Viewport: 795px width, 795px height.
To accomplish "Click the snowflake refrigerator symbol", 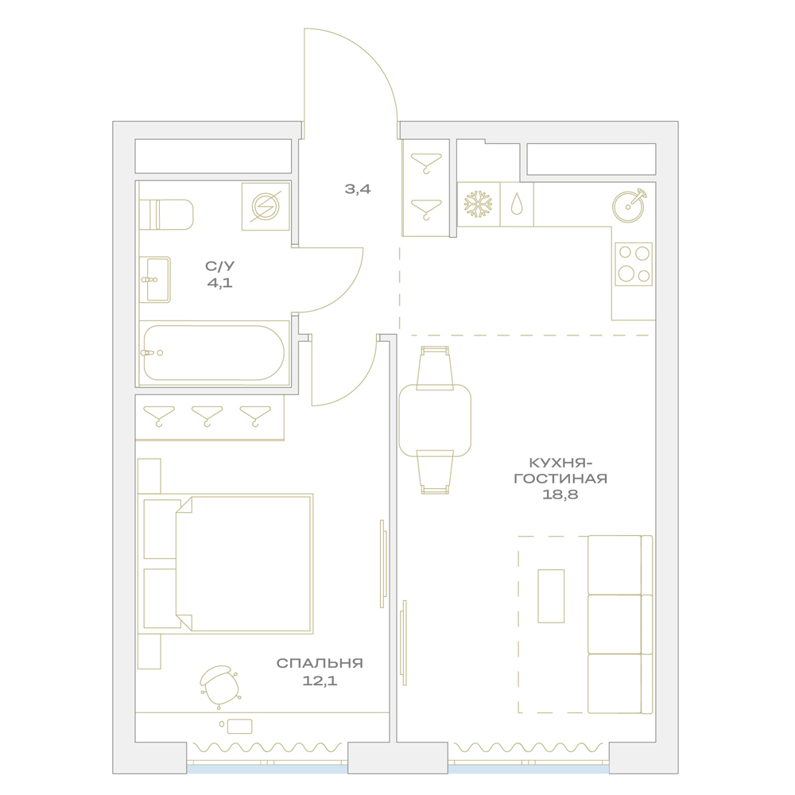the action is pyautogui.click(x=478, y=204).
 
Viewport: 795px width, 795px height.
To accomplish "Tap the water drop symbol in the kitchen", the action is pyautogui.click(x=516, y=204).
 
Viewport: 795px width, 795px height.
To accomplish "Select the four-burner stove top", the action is pyautogui.click(x=634, y=264).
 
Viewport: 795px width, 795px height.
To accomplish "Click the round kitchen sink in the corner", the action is pyautogui.click(x=629, y=206).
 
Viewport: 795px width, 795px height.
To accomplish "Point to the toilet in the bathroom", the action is pyautogui.click(x=166, y=215).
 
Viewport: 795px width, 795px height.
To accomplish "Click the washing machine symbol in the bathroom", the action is pyautogui.click(x=266, y=207).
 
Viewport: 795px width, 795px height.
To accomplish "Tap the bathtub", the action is pyautogui.click(x=214, y=353).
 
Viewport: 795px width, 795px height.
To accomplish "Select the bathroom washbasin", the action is pyautogui.click(x=155, y=279).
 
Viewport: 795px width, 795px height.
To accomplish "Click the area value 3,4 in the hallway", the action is pyautogui.click(x=358, y=189).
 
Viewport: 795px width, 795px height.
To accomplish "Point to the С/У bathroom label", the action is pyautogui.click(x=220, y=266).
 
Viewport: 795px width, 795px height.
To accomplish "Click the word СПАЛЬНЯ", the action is pyautogui.click(x=320, y=663).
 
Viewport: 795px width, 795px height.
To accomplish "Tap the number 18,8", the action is pyautogui.click(x=560, y=494).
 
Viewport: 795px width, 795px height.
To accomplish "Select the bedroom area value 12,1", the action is pyautogui.click(x=320, y=681).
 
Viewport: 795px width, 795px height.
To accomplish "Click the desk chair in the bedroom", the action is pyautogui.click(x=220, y=687).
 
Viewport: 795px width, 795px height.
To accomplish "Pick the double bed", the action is pyautogui.click(x=226, y=564).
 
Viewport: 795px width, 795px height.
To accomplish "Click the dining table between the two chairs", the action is pyautogui.click(x=435, y=421).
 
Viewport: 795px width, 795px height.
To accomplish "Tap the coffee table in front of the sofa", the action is pyautogui.click(x=551, y=595).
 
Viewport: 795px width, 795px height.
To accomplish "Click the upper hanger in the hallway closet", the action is pyautogui.click(x=426, y=163).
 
